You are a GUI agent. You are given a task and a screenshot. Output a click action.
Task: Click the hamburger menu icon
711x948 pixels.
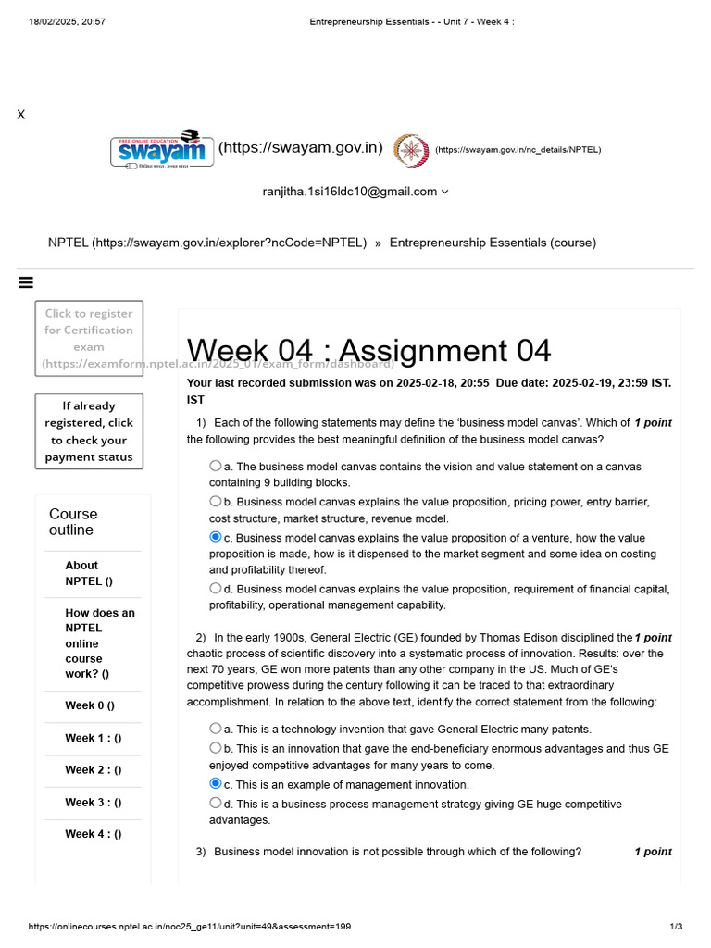26,282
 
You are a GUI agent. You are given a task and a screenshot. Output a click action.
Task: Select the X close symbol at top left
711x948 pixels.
20,115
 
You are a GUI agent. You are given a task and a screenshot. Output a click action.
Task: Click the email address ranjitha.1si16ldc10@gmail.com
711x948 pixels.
350,192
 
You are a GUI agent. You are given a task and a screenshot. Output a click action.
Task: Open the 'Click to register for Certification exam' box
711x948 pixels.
89,338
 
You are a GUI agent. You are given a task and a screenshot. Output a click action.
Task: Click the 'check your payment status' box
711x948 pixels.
89,431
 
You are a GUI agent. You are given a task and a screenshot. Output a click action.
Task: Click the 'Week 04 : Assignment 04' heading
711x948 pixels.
368,351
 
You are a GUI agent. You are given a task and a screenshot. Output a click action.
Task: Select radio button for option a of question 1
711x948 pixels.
216,467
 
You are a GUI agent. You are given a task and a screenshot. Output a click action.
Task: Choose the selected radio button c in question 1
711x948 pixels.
216,537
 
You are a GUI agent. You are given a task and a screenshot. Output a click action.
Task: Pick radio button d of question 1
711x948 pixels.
216,588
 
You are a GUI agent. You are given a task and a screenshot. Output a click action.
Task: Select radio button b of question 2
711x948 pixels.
216,748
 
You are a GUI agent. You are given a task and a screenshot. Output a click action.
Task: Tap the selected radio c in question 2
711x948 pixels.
216,783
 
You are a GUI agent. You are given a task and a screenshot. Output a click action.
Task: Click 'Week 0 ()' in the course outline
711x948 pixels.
90,705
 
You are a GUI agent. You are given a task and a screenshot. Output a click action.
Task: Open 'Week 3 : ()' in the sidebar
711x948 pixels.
93,803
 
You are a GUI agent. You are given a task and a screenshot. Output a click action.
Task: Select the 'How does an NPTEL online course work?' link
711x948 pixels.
100,643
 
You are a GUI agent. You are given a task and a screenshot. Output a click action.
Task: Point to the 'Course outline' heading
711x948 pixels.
73,522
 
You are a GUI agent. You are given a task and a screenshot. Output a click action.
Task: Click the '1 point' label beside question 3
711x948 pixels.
653,852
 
